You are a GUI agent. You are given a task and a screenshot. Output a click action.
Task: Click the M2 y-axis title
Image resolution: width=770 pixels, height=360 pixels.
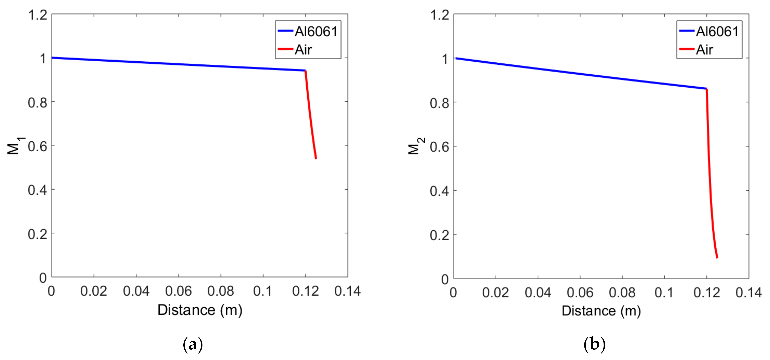[416, 146]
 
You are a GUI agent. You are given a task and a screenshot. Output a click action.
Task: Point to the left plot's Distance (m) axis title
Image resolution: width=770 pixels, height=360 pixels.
[200, 310]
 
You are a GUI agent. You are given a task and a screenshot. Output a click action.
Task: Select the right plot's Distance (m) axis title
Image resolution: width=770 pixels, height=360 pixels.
[601, 311]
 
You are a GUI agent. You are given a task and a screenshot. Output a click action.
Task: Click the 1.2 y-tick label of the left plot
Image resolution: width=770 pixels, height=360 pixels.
[38, 15]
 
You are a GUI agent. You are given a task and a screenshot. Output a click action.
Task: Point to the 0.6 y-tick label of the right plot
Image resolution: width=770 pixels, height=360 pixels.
[439, 147]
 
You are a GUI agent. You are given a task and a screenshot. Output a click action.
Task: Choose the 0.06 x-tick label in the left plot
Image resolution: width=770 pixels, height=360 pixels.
[178, 291]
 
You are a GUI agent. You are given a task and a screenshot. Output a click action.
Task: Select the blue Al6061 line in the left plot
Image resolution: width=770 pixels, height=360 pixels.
[178, 64]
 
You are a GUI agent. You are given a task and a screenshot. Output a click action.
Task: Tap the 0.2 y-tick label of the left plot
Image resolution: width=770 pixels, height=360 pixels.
[38, 234]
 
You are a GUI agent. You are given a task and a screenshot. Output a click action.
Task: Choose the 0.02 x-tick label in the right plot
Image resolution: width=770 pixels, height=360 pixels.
[496, 292]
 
